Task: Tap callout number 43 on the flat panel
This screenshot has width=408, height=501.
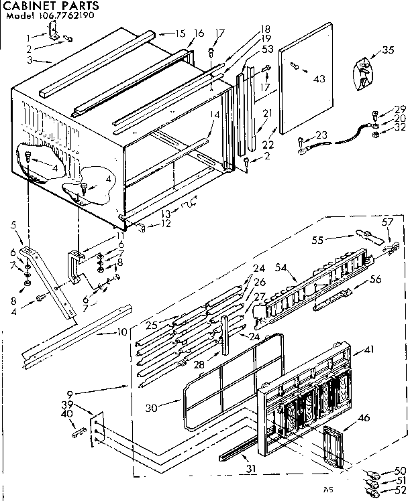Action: pos(319,79)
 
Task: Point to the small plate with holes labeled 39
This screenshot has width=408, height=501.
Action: pos(97,427)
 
